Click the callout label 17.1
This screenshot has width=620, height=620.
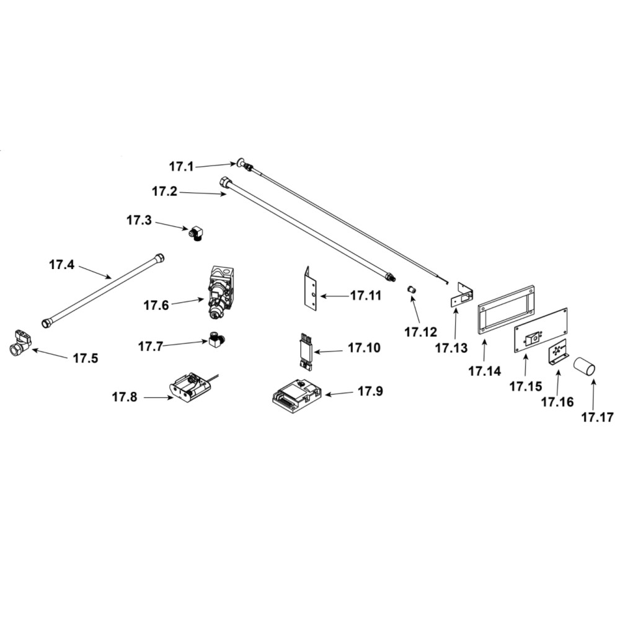tap(182, 166)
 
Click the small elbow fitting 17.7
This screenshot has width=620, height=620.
tap(216, 340)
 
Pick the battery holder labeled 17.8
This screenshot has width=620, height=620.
tap(190, 384)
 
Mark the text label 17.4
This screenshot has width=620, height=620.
tap(61, 265)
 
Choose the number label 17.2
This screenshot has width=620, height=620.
tap(164, 192)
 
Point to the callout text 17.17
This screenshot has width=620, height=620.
tap(597, 417)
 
